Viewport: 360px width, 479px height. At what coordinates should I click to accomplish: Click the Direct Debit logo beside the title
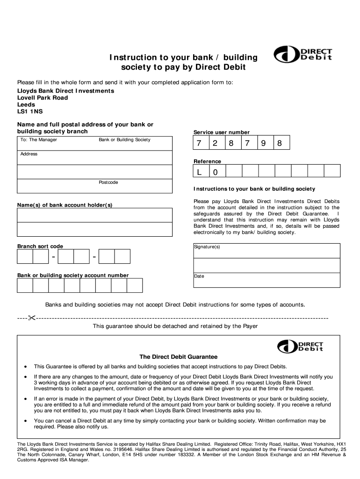point(303,55)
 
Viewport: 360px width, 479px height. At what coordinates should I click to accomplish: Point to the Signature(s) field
point(266,251)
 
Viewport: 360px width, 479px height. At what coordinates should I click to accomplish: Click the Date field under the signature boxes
point(266,280)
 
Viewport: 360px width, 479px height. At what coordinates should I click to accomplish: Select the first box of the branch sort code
point(25,257)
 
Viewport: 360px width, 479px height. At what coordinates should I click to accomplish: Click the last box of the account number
point(135,285)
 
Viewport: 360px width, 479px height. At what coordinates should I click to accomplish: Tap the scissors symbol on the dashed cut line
point(31,319)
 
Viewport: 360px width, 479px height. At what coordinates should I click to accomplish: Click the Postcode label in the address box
point(108,182)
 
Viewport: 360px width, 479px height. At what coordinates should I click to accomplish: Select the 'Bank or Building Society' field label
point(124,140)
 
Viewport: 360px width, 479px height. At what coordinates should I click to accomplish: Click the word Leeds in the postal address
point(26,105)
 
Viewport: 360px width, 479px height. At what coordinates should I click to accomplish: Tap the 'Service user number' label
point(221,132)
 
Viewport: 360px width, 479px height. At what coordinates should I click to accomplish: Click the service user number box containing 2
point(216,144)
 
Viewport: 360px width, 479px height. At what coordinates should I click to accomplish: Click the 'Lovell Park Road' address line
point(43,98)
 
